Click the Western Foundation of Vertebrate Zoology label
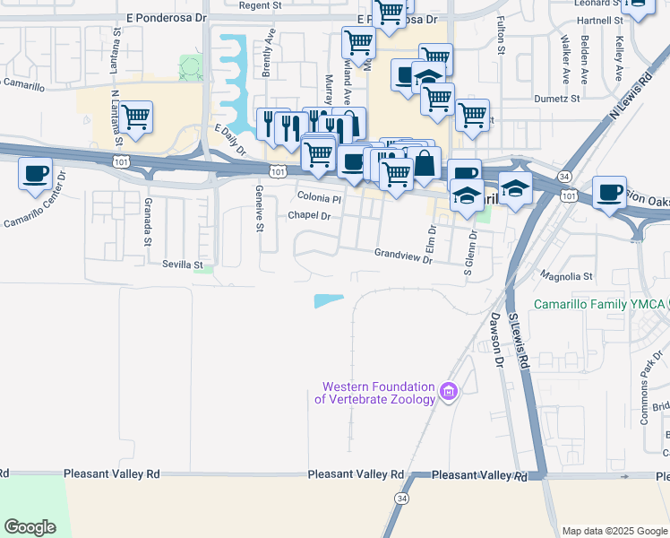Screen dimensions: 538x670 point(378,393)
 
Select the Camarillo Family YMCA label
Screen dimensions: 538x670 point(598,304)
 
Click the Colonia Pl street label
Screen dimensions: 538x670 point(319,198)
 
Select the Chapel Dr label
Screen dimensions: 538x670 point(310,215)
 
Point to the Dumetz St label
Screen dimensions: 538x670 point(557,99)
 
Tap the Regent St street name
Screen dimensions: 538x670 point(262,5)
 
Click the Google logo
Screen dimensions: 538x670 point(30,527)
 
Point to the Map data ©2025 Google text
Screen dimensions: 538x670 point(614,531)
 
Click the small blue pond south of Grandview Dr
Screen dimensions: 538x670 point(328,301)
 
